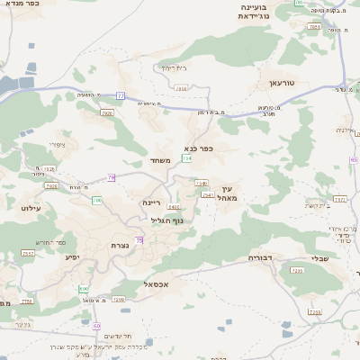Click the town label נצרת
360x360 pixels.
120,245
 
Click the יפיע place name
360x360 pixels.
72,256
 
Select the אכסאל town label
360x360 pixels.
157,284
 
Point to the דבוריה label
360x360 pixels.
261,256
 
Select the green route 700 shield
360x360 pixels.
96,200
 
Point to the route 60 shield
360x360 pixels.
96,325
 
